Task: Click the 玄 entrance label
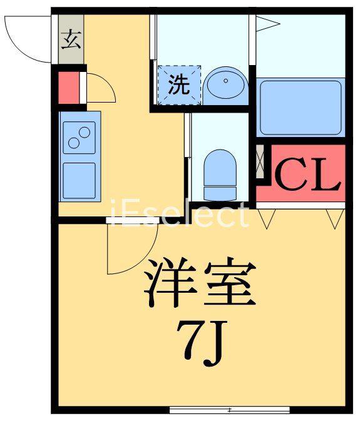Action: (71, 40)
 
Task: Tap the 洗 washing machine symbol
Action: (179, 85)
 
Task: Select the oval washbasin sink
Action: (225, 81)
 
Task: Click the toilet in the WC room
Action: (220, 175)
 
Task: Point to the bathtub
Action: (301, 108)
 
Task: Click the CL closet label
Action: (307, 175)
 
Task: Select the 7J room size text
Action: (200, 343)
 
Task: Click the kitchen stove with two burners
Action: (80, 138)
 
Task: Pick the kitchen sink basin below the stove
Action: (80, 180)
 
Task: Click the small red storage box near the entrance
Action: (69, 88)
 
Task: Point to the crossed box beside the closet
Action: (260, 161)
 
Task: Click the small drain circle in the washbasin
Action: (226, 81)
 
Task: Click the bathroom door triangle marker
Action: (267, 24)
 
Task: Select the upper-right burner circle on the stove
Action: (85, 133)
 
